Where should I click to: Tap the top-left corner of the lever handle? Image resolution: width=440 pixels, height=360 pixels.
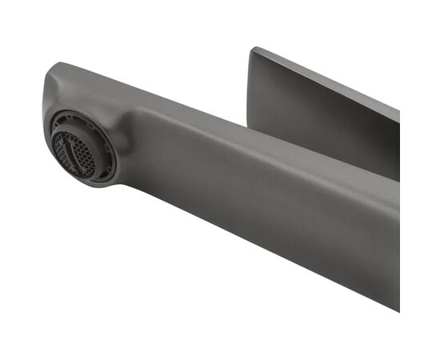point(253,50)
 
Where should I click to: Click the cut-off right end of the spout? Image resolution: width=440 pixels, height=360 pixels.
point(398,240)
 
